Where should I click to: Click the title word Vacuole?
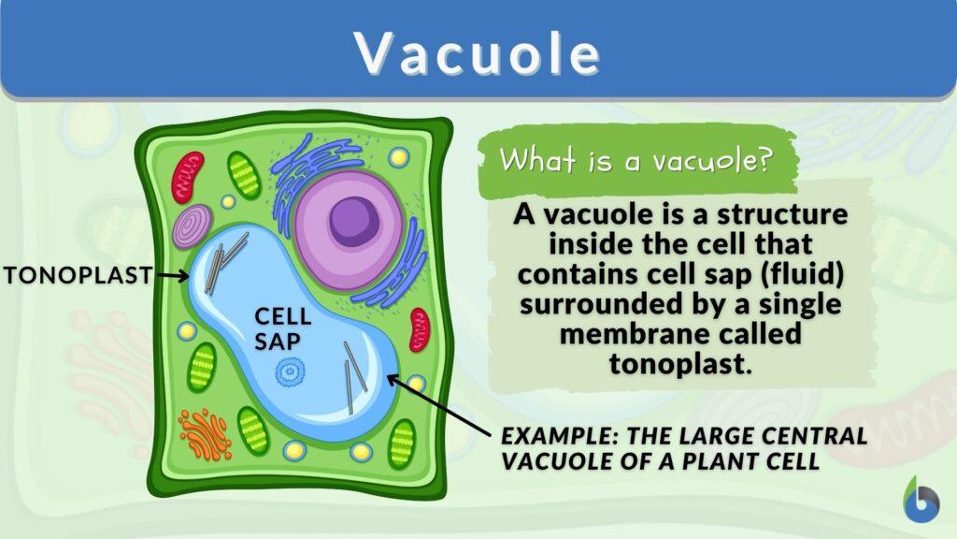coord(478,54)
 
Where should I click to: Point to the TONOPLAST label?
coord(78,275)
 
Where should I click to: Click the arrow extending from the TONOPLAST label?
coord(172,275)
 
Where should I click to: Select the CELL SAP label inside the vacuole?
coord(278,329)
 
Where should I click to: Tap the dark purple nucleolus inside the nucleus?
coord(354,218)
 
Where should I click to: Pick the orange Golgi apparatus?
coord(205,432)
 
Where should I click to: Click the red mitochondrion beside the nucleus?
coord(421,328)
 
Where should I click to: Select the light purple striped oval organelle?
coord(193,227)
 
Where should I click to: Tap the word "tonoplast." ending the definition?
coord(680,364)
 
